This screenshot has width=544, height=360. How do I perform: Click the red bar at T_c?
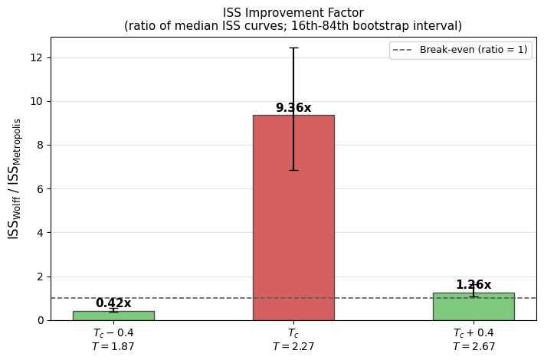click(x=293, y=222)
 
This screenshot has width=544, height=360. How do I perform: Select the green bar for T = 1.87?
click(x=113, y=316)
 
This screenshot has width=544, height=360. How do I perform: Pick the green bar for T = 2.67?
click(x=474, y=307)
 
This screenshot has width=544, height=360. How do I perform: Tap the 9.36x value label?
click(x=293, y=108)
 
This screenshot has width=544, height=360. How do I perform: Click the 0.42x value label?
click(x=113, y=303)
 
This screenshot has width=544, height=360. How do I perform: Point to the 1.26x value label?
click(x=474, y=285)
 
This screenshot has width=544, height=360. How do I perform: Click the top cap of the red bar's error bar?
click(x=293, y=47)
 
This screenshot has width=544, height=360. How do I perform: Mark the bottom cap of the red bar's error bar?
click(x=293, y=170)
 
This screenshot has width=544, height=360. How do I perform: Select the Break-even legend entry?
click(x=460, y=50)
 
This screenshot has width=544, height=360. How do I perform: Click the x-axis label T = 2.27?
click(x=293, y=347)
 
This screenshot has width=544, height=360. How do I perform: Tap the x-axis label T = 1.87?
click(x=113, y=347)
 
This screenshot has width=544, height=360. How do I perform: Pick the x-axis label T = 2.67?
click(x=474, y=347)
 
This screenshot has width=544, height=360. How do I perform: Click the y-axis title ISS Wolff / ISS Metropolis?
click(x=15, y=178)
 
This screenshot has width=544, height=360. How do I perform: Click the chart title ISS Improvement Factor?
click(x=293, y=13)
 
